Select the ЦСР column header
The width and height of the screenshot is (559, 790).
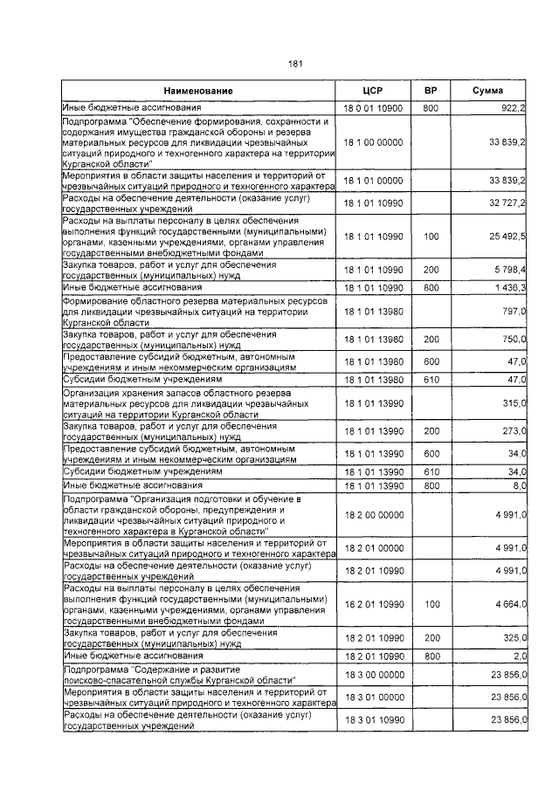[x=373, y=92]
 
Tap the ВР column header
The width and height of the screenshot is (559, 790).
[x=431, y=92]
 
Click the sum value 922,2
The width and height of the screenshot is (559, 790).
[x=511, y=107]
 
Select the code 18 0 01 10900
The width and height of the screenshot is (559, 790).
[x=373, y=107]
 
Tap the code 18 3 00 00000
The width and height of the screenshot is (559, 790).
[x=373, y=675]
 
